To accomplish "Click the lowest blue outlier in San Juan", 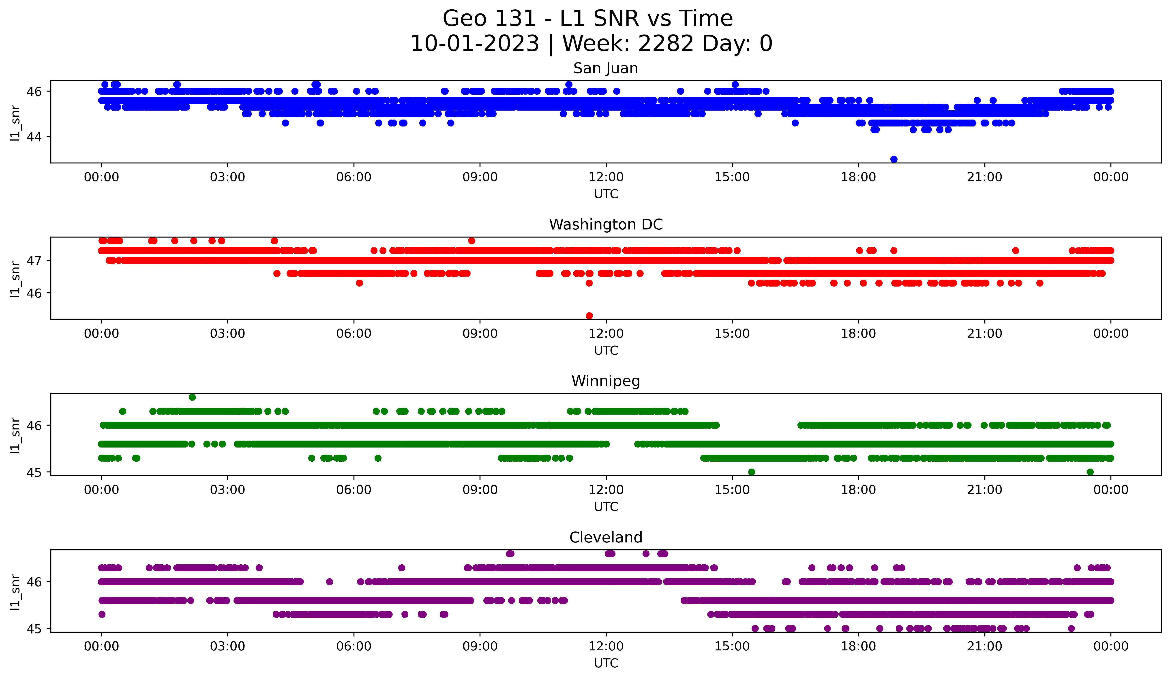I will click(894, 159).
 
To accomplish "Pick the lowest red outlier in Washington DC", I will click(589, 316).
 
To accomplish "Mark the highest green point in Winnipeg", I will click(192, 397).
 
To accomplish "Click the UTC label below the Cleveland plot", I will click(606, 663).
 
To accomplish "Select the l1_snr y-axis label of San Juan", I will click(15, 122).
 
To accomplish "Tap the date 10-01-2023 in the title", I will click(474, 44).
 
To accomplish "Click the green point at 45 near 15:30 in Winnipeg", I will click(752, 472).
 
